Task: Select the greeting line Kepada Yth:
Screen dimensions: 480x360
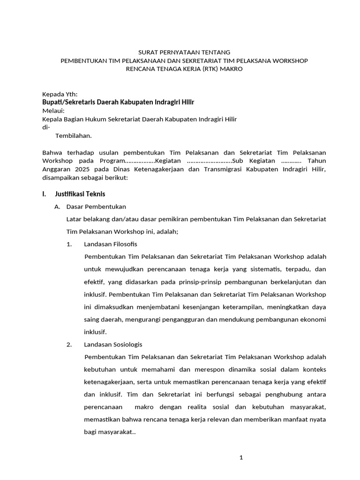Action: coord(60,94)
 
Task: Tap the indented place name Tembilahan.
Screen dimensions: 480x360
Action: coord(74,136)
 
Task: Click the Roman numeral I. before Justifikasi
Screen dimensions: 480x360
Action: coord(45,194)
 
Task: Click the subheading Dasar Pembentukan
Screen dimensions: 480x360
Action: coord(96,206)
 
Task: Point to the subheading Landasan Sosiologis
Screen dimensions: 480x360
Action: coord(113,345)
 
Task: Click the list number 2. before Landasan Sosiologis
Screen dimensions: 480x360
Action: coord(69,345)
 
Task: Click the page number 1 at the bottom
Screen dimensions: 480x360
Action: coord(241,458)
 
